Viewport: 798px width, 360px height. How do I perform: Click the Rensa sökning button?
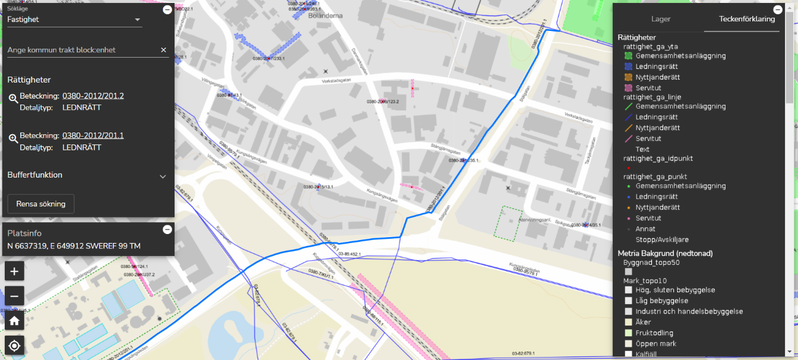(40, 204)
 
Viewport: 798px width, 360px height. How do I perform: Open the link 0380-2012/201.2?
(93, 96)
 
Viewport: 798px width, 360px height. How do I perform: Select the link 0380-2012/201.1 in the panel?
(93, 136)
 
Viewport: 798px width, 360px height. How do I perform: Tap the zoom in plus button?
(15, 271)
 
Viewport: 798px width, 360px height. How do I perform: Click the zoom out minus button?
(15, 296)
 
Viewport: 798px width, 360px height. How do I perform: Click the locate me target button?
(15, 345)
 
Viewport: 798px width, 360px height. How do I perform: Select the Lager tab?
(661, 19)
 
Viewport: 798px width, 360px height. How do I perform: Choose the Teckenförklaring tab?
(746, 19)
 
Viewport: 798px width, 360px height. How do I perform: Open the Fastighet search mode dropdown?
(75, 20)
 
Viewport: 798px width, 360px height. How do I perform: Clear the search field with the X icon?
(163, 50)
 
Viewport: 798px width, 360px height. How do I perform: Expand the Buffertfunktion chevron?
(163, 176)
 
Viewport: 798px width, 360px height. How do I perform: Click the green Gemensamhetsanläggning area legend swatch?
(628, 56)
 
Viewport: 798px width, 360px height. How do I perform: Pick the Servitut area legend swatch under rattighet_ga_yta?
(628, 88)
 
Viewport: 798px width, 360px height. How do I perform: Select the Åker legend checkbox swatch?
(628, 322)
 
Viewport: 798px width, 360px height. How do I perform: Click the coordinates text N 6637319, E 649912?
(74, 246)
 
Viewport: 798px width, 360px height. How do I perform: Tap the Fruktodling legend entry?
(654, 333)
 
